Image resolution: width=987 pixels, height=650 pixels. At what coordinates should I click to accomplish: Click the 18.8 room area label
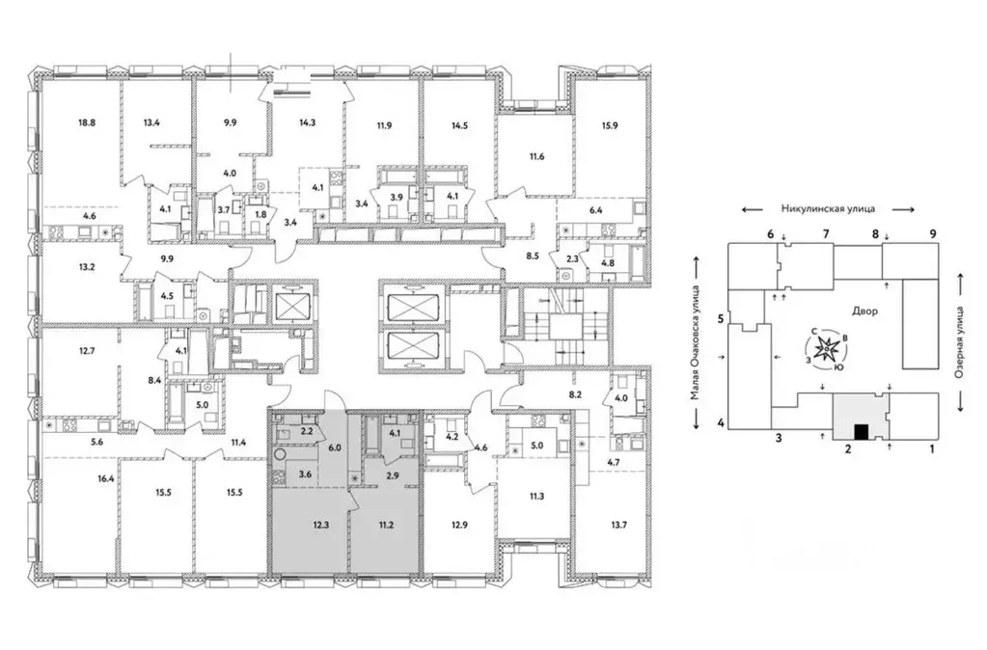(87, 122)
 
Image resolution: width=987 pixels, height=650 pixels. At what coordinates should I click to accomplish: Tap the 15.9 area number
(610, 125)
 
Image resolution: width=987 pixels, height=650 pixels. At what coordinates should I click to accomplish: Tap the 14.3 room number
(307, 122)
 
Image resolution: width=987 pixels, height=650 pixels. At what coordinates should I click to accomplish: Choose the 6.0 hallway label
(334, 447)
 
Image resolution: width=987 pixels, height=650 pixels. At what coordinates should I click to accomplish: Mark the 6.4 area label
(595, 210)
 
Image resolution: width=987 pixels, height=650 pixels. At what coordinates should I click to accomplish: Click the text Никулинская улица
(828, 209)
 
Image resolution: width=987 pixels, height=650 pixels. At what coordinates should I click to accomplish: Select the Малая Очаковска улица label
(695, 343)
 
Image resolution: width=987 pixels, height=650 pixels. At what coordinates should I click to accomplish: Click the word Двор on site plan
(864, 311)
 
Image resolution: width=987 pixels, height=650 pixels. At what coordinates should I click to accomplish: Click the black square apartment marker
(862, 432)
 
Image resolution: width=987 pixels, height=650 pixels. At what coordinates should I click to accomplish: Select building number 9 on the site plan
(933, 234)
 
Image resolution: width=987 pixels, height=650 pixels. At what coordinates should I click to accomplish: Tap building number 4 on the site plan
(721, 422)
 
